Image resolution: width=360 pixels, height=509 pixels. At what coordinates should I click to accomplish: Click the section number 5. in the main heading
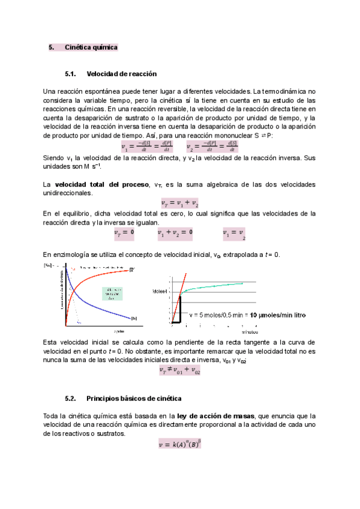point(51,47)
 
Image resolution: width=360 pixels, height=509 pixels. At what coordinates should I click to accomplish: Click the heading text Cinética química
point(91,47)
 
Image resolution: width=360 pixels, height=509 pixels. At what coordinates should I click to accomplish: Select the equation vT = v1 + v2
point(180,203)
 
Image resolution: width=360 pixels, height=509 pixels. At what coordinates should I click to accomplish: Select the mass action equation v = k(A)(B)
point(179,445)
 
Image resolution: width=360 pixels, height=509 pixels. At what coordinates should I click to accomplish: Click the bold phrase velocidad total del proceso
point(101,183)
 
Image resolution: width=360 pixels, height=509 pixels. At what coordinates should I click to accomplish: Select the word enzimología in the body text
point(67,254)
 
